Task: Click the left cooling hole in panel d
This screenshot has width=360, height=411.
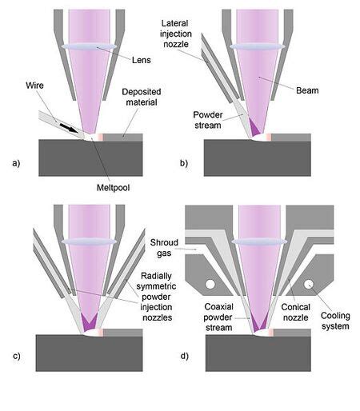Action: [210, 283]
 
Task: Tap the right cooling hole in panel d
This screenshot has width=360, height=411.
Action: [307, 283]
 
